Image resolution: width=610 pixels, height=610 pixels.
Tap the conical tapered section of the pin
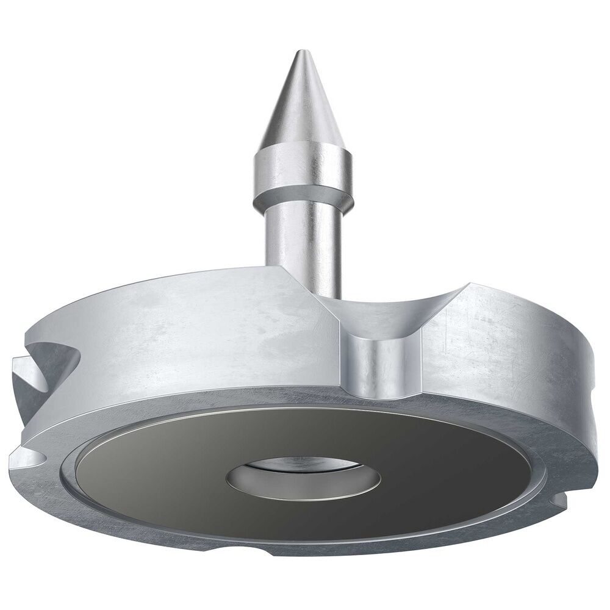tap(304, 104)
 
